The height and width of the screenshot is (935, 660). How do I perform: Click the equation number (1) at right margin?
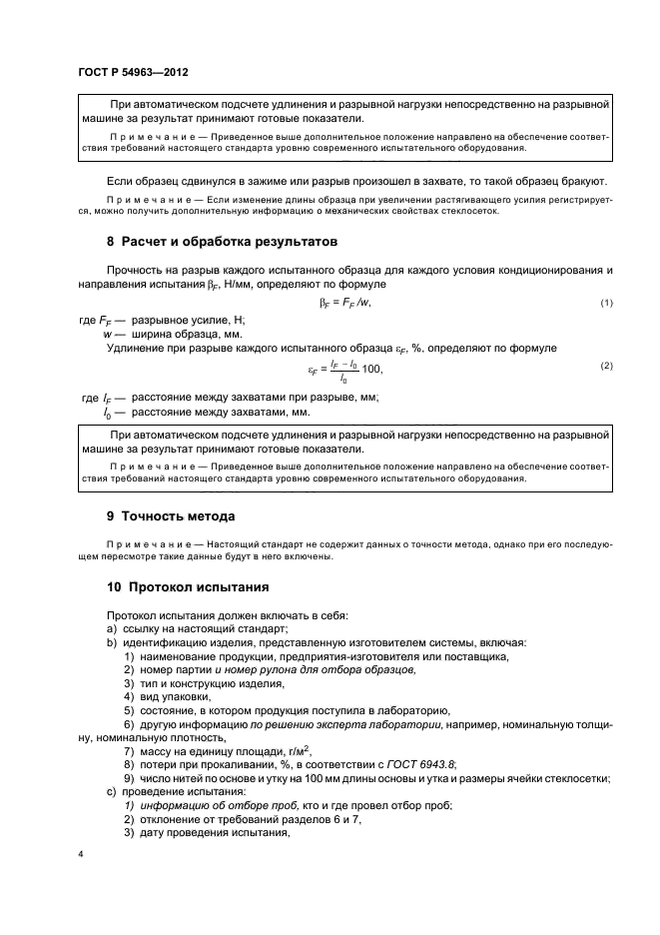[605, 303]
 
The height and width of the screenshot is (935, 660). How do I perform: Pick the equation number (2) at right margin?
[605, 366]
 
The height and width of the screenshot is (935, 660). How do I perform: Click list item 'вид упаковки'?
[160, 695]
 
